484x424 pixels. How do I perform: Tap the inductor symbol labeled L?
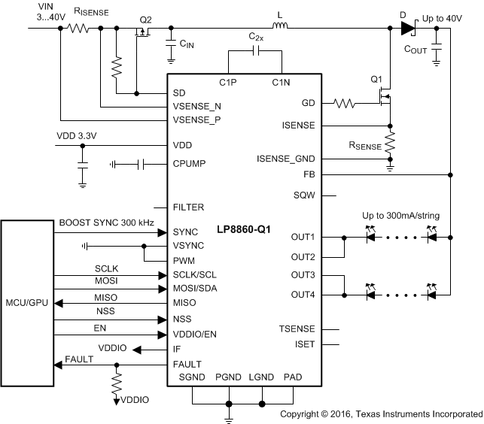click(x=279, y=29)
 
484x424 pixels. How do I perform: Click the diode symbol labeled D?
click(x=407, y=29)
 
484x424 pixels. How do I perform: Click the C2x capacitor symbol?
click(x=255, y=51)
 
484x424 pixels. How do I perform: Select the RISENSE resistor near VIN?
click(x=78, y=29)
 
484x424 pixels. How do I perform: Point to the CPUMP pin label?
click(x=190, y=163)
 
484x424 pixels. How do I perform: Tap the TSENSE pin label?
click(x=298, y=329)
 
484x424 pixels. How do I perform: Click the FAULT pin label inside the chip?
click(x=187, y=364)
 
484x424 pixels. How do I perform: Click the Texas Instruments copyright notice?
click(x=381, y=414)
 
